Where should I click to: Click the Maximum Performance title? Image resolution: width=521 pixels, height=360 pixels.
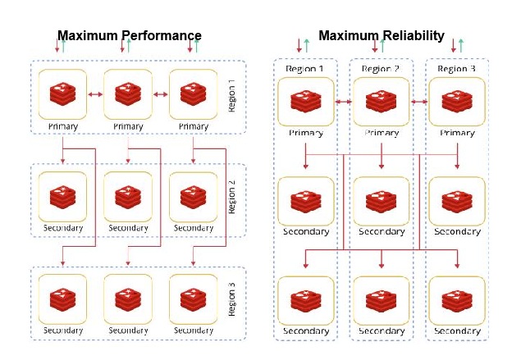[130, 35]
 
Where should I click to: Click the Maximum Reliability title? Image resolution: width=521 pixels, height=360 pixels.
[381, 35]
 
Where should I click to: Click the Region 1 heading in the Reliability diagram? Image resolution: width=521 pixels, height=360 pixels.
[305, 69]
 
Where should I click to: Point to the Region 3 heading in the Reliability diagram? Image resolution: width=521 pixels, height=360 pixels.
[457, 69]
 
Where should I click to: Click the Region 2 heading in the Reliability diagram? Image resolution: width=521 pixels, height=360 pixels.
[381, 69]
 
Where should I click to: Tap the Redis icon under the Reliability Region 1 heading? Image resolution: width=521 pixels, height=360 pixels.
[305, 102]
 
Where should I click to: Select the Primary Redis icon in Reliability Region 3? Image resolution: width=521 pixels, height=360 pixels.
[457, 102]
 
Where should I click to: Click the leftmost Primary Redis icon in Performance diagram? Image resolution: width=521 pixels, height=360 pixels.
[62, 94]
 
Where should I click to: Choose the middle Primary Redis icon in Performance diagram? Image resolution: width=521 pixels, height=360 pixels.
[128, 94]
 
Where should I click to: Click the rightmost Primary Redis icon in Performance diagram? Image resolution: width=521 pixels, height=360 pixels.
[194, 94]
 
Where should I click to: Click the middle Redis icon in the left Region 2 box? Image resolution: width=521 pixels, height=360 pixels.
[128, 197]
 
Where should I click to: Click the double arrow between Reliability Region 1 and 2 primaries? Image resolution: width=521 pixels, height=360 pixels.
[343, 103]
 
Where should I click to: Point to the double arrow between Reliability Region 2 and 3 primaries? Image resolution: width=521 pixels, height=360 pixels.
[419, 103]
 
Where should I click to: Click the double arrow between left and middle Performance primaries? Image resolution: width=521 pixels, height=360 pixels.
[95, 95]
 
